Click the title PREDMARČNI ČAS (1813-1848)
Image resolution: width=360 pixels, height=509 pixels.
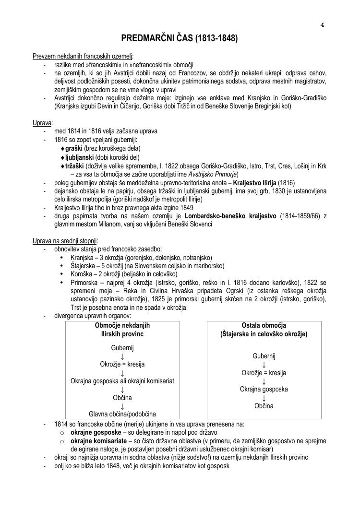(x=180, y=38)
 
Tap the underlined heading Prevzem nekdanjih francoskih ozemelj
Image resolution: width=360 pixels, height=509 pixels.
(x=83, y=57)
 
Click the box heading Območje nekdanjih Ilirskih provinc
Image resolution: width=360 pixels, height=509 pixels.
(x=122, y=329)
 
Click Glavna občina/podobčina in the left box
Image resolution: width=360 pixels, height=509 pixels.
(x=122, y=414)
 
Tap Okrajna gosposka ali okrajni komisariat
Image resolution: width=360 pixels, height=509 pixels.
(x=122, y=381)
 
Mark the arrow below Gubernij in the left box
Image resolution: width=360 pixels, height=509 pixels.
(x=122, y=355)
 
